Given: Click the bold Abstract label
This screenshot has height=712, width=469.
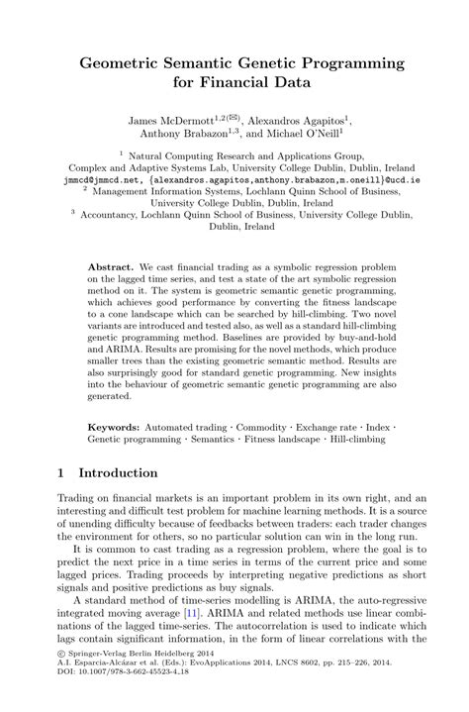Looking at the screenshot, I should [110, 267].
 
